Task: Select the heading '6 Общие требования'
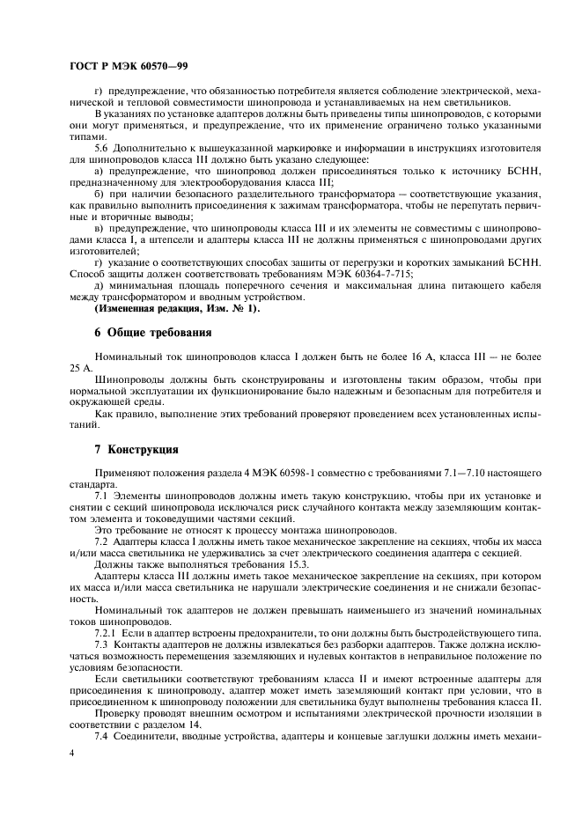[152, 333]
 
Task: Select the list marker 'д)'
[99, 286]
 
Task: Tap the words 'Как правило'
[121, 412]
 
